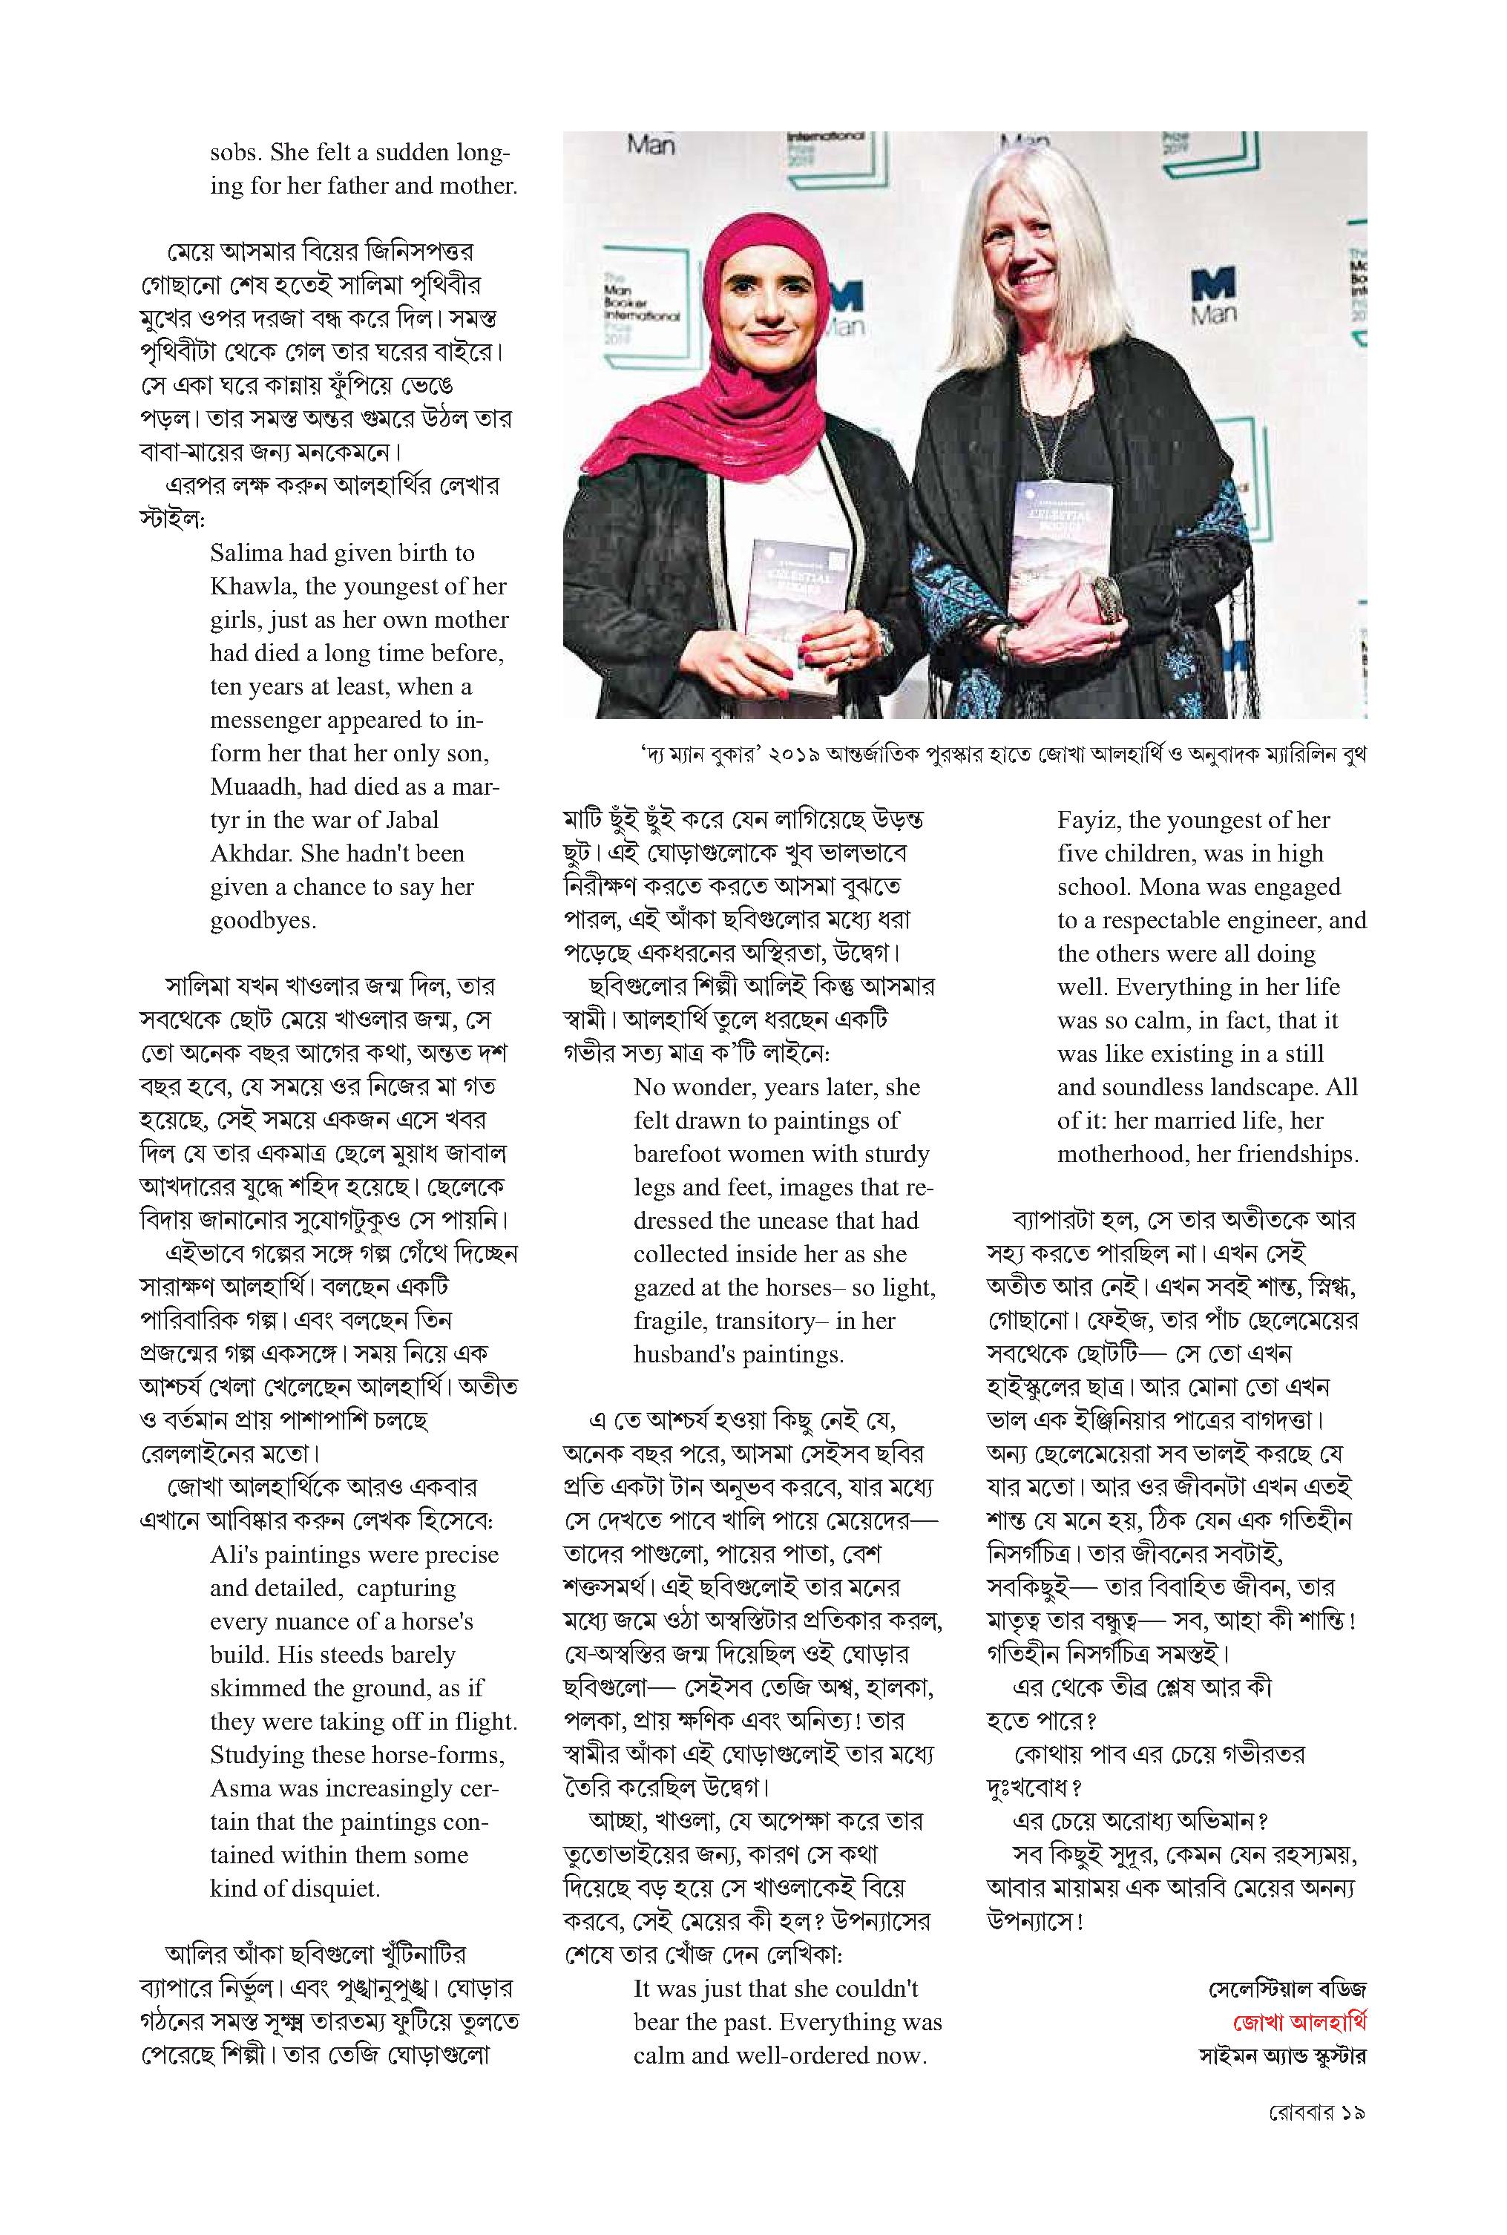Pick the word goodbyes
(263, 921)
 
